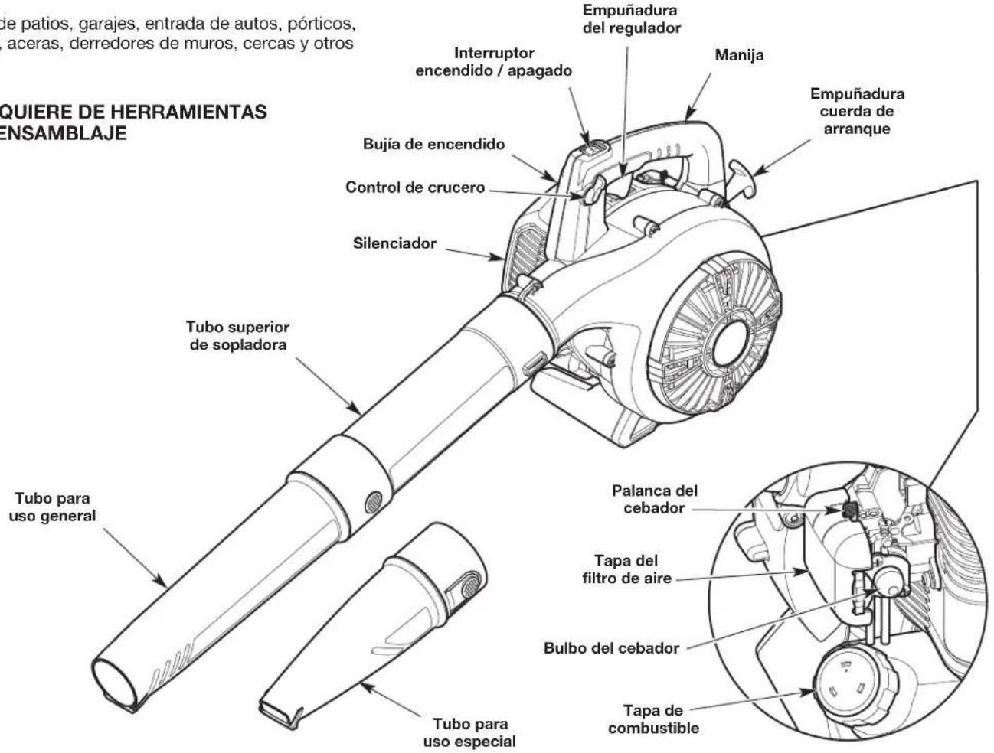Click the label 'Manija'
pyautogui.click(x=739, y=55)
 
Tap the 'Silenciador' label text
pyautogui.click(x=394, y=243)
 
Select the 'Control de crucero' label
pyautogui.click(x=415, y=187)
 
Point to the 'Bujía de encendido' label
pyautogui.click(x=434, y=145)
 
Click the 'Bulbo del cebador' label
pyautogui.click(x=611, y=648)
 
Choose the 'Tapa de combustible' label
pyautogui.click(x=653, y=719)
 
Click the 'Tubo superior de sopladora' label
pyautogui.click(x=237, y=336)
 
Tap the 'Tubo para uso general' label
pyautogui.click(x=53, y=507)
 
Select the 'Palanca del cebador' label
pyautogui.click(x=655, y=499)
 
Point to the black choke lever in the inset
pyautogui.click(x=849, y=511)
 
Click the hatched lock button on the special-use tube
pyautogui.click(x=471, y=588)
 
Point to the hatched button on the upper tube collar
pyautogui.click(x=374, y=502)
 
